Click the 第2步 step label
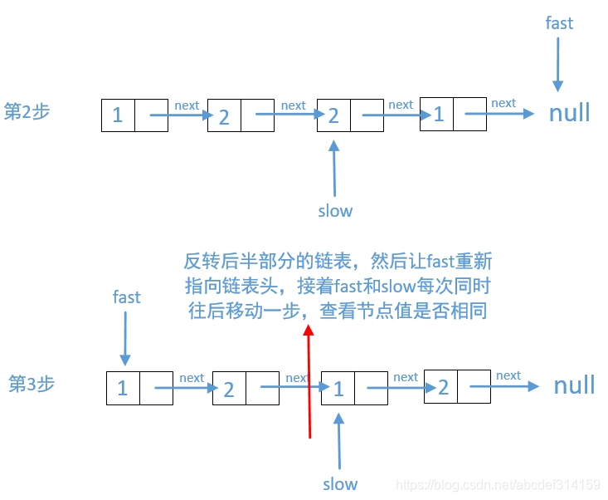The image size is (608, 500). [27, 111]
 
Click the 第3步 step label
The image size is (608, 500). [32, 384]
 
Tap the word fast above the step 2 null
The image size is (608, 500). [559, 23]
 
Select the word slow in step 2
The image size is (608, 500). [335, 211]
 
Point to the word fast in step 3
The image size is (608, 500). [127, 297]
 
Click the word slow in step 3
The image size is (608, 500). [340, 483]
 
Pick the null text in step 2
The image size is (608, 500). [570, 112]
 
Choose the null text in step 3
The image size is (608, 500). [575, 385]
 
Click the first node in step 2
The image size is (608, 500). [134, 115]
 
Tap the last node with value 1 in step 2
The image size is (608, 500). [453, 114]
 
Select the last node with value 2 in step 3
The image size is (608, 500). [457, 387]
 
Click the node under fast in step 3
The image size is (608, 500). [139, 388]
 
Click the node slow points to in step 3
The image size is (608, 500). [354, 388]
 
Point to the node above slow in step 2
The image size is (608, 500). [350, 115]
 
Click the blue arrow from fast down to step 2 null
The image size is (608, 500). [558, 63]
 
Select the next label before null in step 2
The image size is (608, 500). [503, 103]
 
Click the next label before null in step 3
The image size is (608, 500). [508, 375]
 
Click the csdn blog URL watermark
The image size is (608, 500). [498, 484]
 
